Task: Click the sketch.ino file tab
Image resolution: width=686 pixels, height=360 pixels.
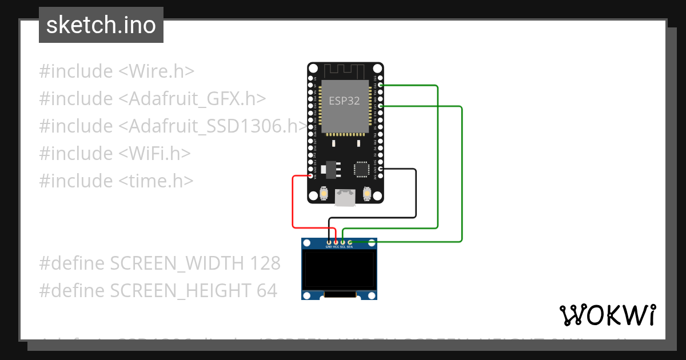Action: click(101, 25)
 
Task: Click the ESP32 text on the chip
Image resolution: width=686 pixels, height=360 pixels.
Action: click(344, 101)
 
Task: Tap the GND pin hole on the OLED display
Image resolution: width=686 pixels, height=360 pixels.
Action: click(329, 242)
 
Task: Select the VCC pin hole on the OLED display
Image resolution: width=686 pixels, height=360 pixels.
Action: click(336, 242)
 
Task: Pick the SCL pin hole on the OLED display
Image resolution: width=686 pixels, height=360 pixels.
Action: click(342, 242)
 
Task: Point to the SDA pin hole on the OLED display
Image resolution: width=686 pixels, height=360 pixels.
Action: click(349, 242)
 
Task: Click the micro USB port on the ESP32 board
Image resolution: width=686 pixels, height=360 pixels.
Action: click(345, 197)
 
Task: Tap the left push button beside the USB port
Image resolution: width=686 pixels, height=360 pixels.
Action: click(324, 194)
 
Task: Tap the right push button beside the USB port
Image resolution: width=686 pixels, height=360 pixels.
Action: click(365, 194)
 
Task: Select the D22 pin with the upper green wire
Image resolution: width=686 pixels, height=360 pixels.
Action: click(380, 85)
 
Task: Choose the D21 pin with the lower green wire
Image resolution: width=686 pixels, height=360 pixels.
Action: click(380, 106)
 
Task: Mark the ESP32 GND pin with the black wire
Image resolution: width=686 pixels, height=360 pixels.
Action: click(380, 169)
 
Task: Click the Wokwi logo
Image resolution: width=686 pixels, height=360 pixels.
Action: click(607, 315)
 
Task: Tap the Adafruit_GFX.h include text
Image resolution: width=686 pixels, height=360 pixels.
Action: click(192, 99)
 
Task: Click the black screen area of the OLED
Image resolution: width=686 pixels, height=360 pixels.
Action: click(339, 270)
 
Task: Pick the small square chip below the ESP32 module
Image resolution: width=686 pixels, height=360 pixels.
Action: click(362, 169)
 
